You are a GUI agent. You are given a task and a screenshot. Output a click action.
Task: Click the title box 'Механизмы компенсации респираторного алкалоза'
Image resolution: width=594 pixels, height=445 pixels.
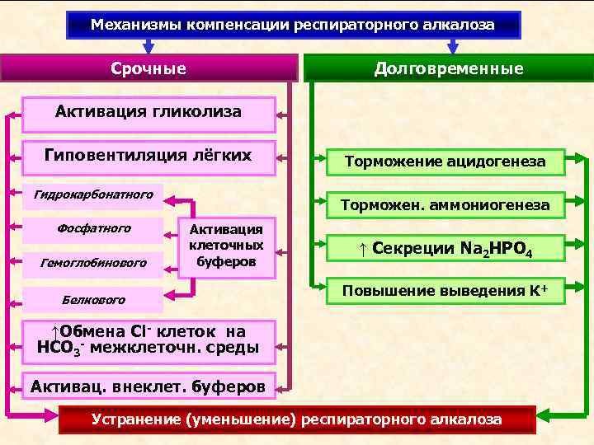293,25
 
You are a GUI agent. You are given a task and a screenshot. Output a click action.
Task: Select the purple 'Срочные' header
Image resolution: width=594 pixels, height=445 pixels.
148,68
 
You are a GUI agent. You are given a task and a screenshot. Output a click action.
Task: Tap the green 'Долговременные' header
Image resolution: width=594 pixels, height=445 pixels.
449,68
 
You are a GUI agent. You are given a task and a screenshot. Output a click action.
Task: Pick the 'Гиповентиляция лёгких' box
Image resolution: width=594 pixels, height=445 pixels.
148,157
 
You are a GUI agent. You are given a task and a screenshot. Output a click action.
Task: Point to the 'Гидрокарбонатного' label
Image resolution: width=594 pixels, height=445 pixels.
93,195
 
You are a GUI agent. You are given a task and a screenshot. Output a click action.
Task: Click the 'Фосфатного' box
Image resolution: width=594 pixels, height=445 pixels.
93,228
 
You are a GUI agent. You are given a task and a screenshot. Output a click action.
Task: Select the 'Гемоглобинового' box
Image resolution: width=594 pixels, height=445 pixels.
93,263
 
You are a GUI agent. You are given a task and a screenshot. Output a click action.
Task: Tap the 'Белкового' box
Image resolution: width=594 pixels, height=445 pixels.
93,298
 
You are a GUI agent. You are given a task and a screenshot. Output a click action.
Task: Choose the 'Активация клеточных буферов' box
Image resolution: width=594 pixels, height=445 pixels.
226,246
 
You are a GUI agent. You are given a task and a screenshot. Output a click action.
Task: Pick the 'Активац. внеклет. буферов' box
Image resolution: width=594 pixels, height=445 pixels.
148,386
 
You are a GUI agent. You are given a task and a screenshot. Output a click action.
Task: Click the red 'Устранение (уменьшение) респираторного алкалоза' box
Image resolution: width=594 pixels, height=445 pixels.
296,419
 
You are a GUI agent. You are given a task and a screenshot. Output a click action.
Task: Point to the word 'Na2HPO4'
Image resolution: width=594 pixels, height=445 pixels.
493,249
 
